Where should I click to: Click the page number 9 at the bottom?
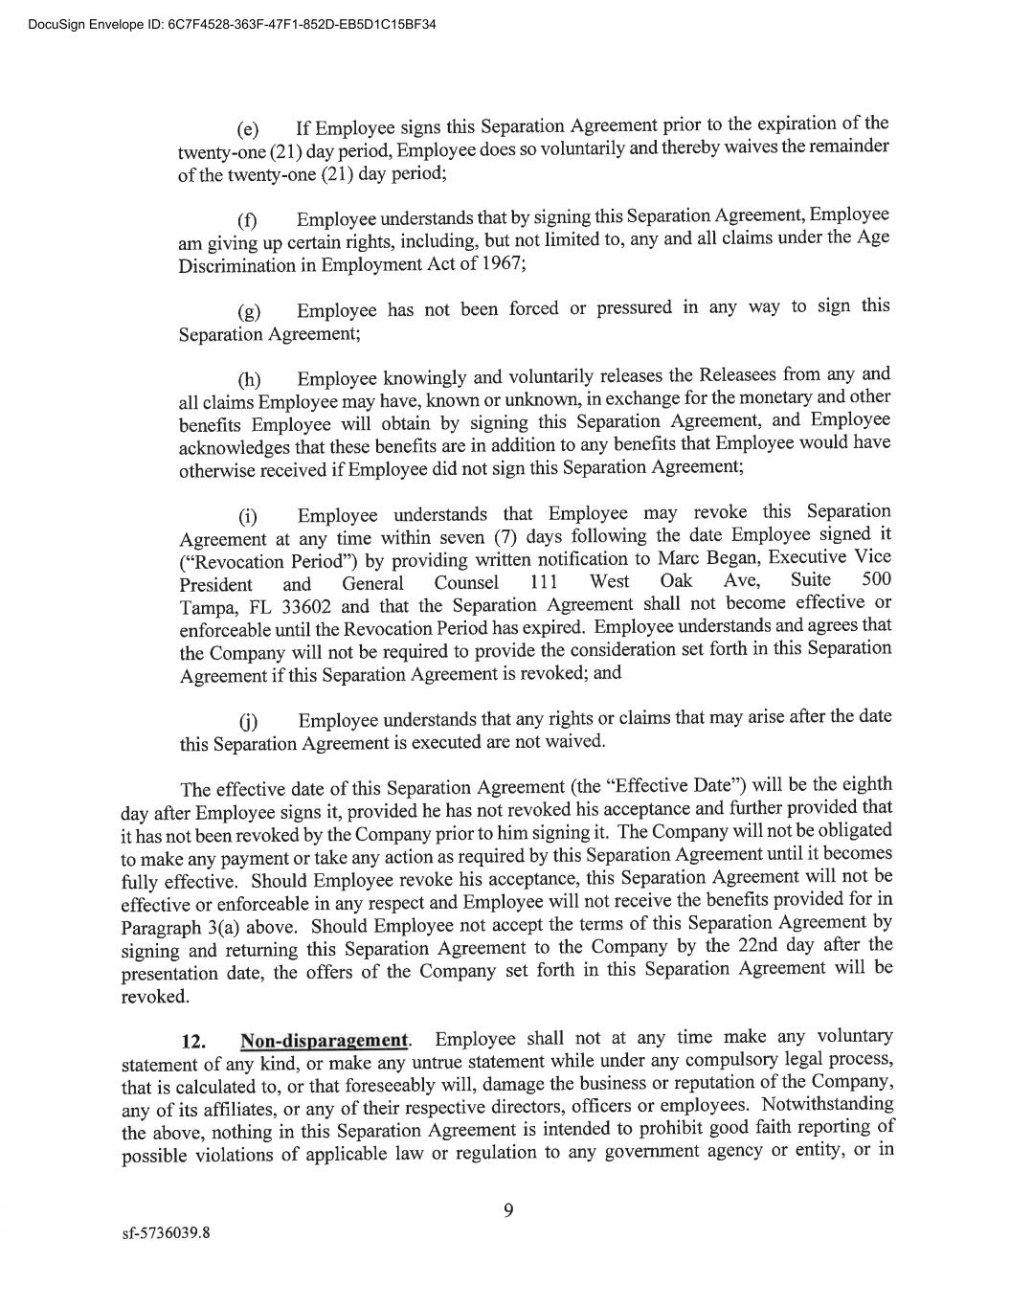coord(508,1211)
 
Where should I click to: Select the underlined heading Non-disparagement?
coord(325,1041)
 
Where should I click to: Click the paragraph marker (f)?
coord(247,221)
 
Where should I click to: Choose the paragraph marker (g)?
coord(248,312)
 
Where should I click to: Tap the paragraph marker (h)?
coord(248,380)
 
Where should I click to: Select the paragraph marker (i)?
coord(247,518)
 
